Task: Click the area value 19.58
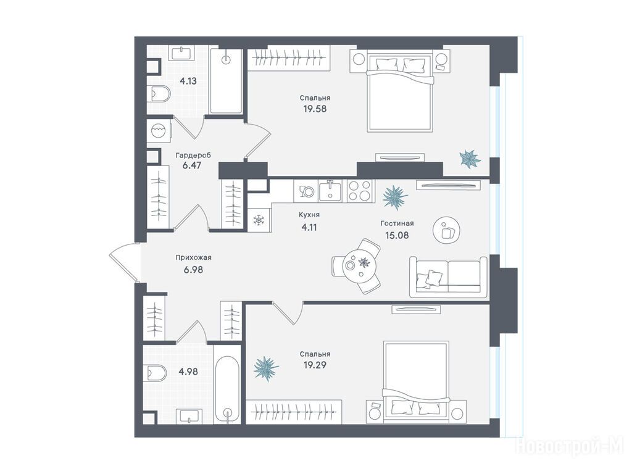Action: tap(315, 109)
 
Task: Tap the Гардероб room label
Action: tap(193, 155)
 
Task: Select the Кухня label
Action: tap(309, 215)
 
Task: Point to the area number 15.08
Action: tap(397, 235)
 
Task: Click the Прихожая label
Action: tap(193, 257)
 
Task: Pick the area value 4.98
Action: tap(188, 371)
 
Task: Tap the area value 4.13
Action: tap(188, 81)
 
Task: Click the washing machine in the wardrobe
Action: tap(159, 130)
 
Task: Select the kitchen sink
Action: tap(330, 190)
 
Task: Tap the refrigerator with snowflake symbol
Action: tap(259, 220)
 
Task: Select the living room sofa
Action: tap(448, 277)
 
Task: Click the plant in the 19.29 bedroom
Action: tap(265, 368)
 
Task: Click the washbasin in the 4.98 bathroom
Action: tap(189, 415)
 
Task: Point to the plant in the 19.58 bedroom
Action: tap(470, 159)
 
